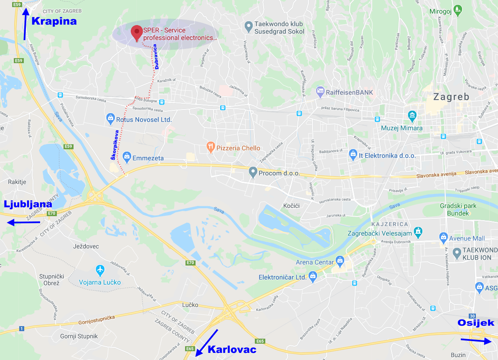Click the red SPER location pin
click(136, 32)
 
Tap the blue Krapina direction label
click(54, 21)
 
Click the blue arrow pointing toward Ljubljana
click(24, 223)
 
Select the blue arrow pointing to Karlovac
click(206, 342)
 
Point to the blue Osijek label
click(476, 323)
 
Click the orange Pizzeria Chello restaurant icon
click(211, 148)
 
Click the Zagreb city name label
click(451, 97)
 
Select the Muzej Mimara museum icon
click(412, 115)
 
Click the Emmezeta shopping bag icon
click(127, 157)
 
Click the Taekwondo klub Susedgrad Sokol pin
click(248, 27)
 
